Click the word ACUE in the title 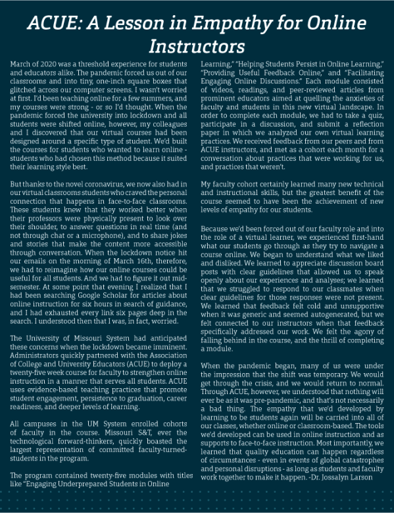click(x=52, y=24)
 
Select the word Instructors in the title click(x=197, y=46)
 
